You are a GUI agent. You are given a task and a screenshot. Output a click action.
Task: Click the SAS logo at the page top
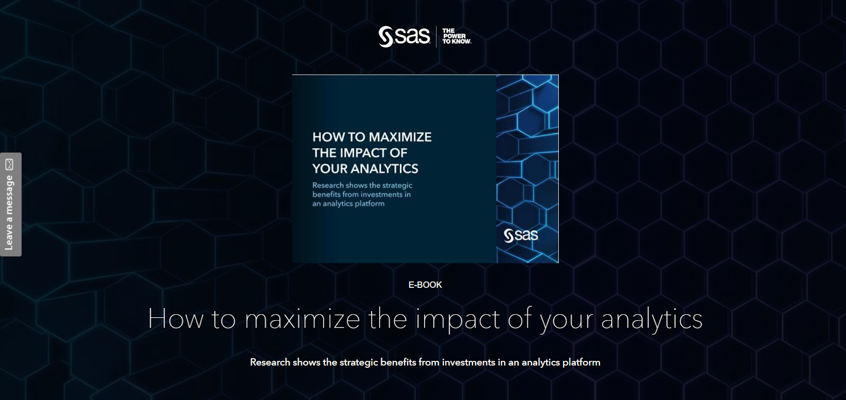(404, 37)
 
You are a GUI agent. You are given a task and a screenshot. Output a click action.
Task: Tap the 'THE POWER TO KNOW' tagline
(457, 37)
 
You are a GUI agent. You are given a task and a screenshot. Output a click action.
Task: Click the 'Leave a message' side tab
(11, 204)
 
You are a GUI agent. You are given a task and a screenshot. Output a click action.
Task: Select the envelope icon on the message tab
(10, 165)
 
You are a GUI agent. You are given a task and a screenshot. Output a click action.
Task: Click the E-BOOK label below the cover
(425, 285)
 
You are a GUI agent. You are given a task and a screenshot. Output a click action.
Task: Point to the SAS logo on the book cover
(521, 235)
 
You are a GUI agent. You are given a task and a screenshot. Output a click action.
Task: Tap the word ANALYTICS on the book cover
(384, 169)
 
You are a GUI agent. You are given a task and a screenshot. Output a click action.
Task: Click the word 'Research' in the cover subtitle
(328, 185)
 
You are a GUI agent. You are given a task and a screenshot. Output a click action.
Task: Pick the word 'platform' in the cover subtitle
(370, 204)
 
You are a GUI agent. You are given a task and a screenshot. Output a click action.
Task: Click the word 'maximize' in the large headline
(302, 319)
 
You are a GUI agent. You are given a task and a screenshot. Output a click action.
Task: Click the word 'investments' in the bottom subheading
(468, 362)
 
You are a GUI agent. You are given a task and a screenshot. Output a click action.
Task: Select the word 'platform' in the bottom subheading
(581, 362)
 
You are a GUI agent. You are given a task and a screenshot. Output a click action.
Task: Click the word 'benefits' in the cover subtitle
(326, 194)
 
